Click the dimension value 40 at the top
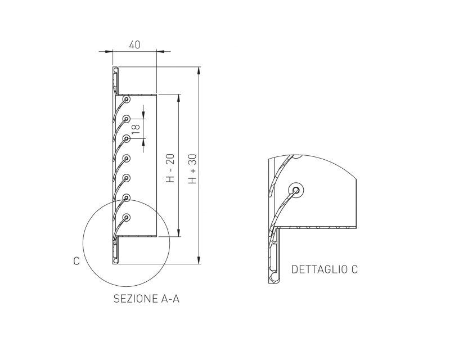tap(134, 45)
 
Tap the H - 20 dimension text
tap(170, 168)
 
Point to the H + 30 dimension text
tap(192, 169)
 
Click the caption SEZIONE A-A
tap(146, 299)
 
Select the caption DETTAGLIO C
tap(325, 269)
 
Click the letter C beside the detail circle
tap(76, 261)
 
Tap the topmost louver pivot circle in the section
tap(126, 100)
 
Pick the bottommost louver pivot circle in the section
tap(126, 217)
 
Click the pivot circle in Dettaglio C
tap(296, 190)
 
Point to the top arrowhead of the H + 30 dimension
tap(199, 70)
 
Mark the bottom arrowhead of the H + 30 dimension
tap(199, 260)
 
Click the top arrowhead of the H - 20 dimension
tap(179, 98)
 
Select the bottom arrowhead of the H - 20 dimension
tap(179, 233)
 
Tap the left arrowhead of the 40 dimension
tap(109, 52)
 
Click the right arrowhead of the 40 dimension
tap(160, 52)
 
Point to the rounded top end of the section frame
tap(115, 69)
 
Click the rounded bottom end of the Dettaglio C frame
tap(274, 279)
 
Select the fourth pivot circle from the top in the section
tap(126, 158)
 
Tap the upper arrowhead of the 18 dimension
tap(143, 115)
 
